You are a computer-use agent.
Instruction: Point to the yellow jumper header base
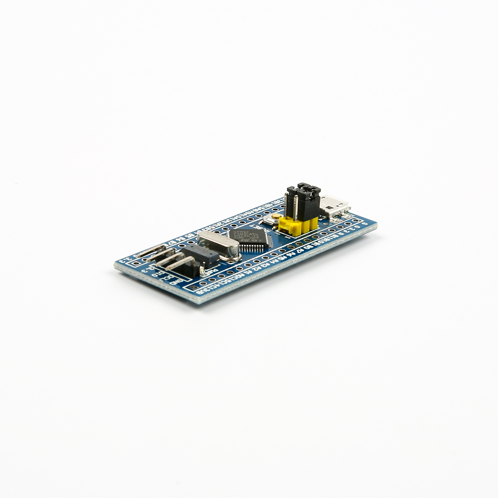pyautogui.click(x=298, y=225)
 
